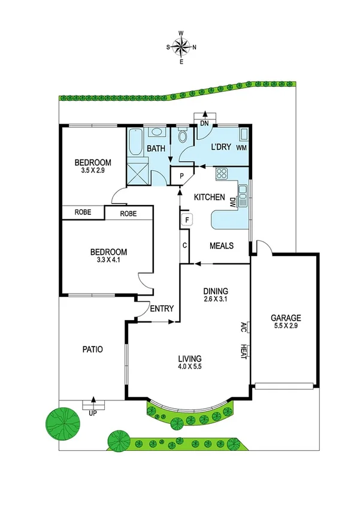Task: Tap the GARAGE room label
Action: point(285,318)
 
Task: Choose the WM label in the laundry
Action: point(241,147)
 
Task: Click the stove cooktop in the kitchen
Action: point(221,174)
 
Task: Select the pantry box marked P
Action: point(180,176)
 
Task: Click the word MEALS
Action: point(221,246)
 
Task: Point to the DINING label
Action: point(214,289)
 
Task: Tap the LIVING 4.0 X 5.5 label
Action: point(189,363)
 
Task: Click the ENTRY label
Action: point(162,309)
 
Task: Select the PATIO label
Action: point(92,349)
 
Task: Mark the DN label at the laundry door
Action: point(204,124)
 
